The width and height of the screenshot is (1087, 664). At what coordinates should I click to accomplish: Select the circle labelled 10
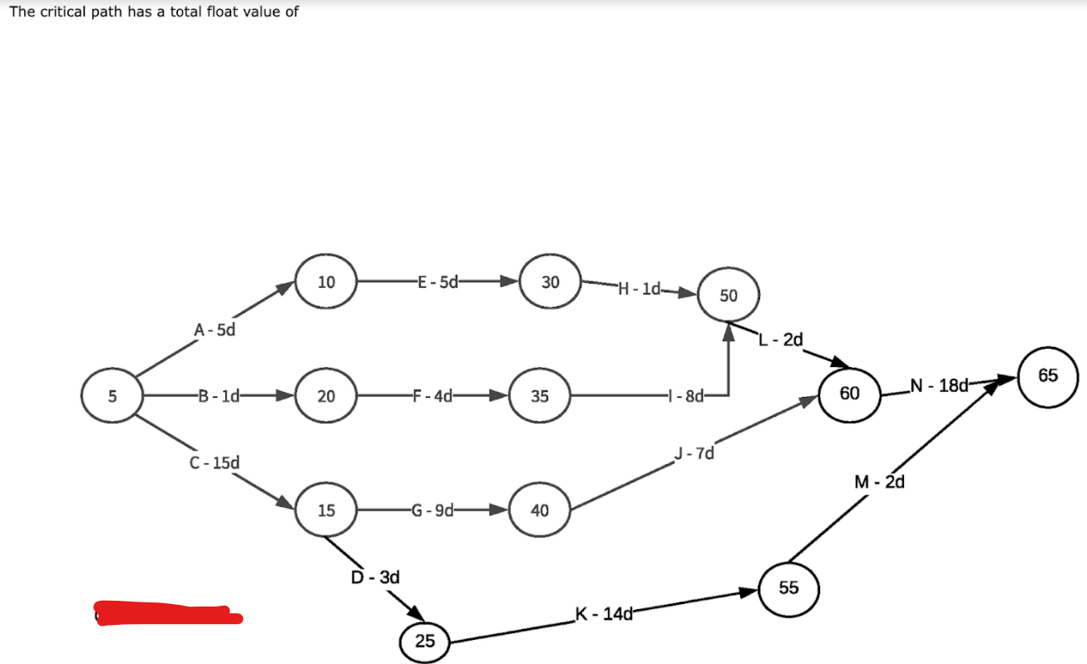click(x=326, y=282)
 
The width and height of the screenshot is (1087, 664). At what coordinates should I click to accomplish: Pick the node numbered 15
click(x=326, y=509)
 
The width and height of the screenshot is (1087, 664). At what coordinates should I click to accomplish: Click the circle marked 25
click(x=425, y=641)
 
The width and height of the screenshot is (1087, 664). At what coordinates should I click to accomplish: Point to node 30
click(x=550, y=282)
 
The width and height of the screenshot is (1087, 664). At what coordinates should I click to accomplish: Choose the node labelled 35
click(x=540, y=396)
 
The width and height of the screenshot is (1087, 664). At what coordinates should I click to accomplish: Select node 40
click(x=540, y=509)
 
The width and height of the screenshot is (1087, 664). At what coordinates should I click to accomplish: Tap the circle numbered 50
click(x=729, y=295)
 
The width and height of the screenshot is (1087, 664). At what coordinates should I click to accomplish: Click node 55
click(x=789, y=588)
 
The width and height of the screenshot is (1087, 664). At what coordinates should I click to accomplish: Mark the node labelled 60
click(x=849, y=393)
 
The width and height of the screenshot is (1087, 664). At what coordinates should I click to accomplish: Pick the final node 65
click(x=1048, y=375)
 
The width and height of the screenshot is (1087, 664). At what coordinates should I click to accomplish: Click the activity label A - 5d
click(x=215, y=330)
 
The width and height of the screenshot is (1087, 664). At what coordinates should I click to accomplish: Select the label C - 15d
click(x=215, y=462)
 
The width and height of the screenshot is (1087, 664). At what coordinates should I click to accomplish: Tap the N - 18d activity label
click(x=940, y=384)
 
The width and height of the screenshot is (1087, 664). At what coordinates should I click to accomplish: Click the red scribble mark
click(x=166, y=614)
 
